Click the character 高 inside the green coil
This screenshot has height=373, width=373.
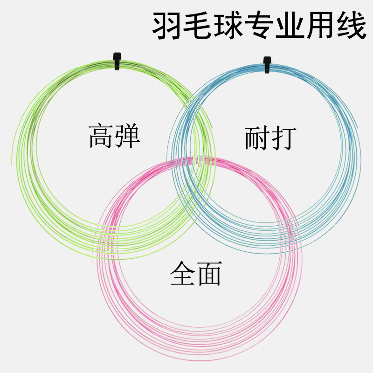click(x=102, y=135)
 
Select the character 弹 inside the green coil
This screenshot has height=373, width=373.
click(x=127, y=135)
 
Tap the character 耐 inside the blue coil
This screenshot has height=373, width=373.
click(x=257, y=136)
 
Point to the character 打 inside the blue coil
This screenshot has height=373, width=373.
click(x=283, y=136)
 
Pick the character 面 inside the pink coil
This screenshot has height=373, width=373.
click(x=208, y=273)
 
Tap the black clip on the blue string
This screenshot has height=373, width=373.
click(x=267, y=65)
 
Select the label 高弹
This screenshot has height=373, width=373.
click(x=115, y=135)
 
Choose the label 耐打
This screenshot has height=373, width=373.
click(x=270, y=136)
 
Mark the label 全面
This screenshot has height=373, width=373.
click(x=195, y=273)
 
